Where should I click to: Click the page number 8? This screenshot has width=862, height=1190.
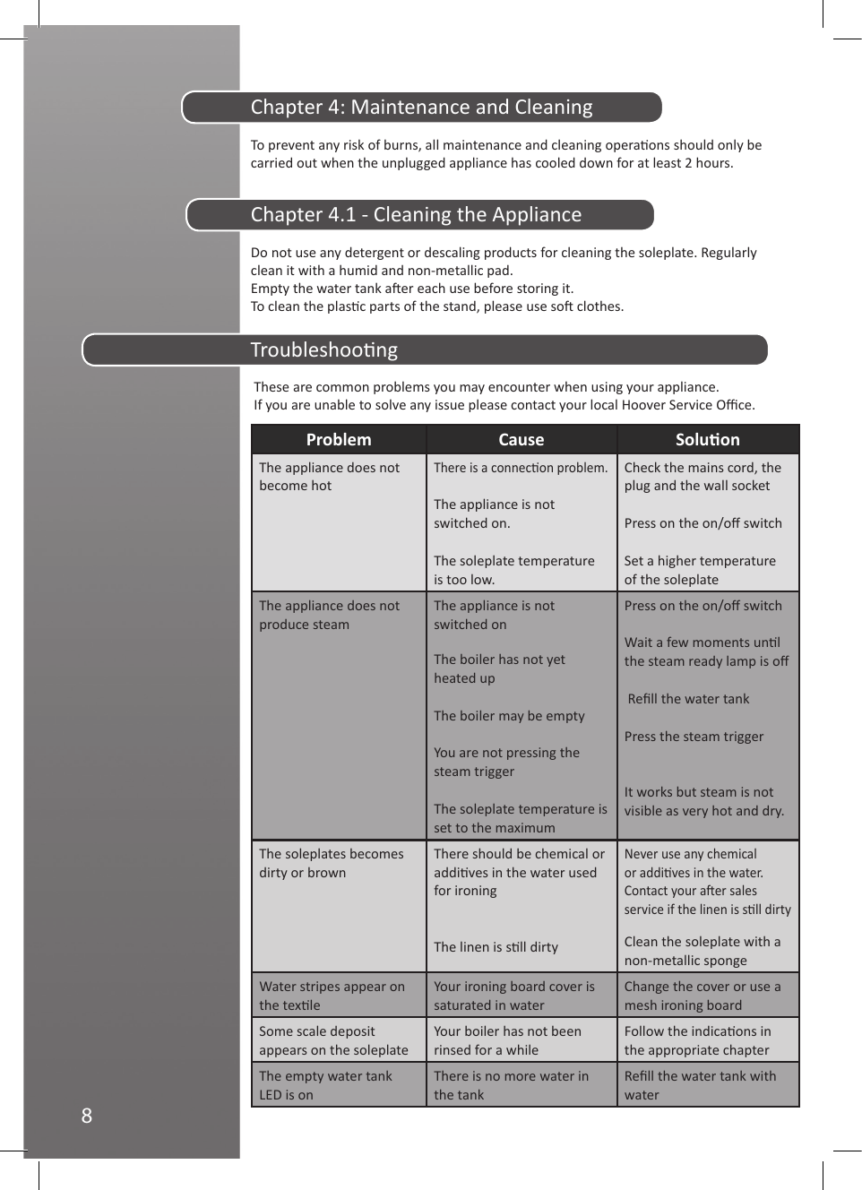tap(87, 1116)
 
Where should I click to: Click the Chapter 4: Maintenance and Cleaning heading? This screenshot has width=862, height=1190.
tap(421, 108)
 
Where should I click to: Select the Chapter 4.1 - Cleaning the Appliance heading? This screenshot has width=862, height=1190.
tap(416, 215)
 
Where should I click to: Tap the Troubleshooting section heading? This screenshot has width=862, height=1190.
tap(324, 350)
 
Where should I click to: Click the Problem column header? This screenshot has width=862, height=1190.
tap(339, 440)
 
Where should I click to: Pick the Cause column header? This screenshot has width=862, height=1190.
tap(522, 440)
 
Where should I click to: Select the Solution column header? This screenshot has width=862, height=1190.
tap(708, 440)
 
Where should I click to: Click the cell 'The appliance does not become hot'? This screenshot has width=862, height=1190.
tap(329, 477)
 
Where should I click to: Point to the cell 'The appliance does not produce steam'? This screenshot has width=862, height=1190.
tap(329, 615)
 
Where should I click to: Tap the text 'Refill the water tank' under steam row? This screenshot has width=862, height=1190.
tap(688, 699)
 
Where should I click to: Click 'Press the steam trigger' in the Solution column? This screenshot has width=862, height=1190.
tap(694, 737)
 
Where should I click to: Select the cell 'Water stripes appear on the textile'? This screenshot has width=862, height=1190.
tap(332, 996)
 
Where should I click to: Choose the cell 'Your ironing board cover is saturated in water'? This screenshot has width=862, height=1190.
tap(514, 996)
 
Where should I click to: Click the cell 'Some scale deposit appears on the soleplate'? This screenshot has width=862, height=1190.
tap(333, 1040)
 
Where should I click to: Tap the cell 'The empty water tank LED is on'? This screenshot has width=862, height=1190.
tap(325, 1085)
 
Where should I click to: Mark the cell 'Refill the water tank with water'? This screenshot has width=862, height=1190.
tap(700, 1085)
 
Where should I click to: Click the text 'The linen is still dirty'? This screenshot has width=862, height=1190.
tap(496, 947)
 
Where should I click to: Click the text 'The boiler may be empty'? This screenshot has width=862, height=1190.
tap(509, 716)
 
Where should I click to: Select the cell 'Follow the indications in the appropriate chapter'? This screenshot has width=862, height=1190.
tap(697, 1040)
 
